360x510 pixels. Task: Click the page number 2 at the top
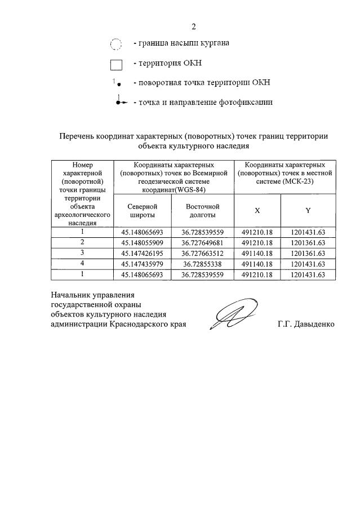pyautogui.click(x=193, y=26)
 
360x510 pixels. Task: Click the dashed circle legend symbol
pyautogui.click(x=115, y=44)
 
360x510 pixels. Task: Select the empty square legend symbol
pyautogui.click(x=115, y=64)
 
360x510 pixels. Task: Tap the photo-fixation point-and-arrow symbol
pyautogui.click(x=120, y=102)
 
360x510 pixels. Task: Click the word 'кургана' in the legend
pyautogui.click(x=215, y=43)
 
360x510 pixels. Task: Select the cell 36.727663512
pyautogui.click(x=202, y=253)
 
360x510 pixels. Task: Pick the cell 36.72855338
pyautogui.click(x=202, y=264)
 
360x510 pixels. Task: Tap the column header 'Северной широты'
pyautogui.click(x=139, y=210)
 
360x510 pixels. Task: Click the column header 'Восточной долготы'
pyautogui.click(x=202, y=210)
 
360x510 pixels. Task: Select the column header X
pyautogui.click(x=257, y=210)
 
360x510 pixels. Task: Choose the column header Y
pyautogui.click(x=308, y=210)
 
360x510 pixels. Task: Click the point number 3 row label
pyautogui.click(x=82, y=253)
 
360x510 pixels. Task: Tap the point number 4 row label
pyautogui.click(x=82, y=264)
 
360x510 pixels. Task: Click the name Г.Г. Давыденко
pyautogui.click(x=306, y=325)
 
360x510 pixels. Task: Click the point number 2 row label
pyautogui.click(x=82, y=242)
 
